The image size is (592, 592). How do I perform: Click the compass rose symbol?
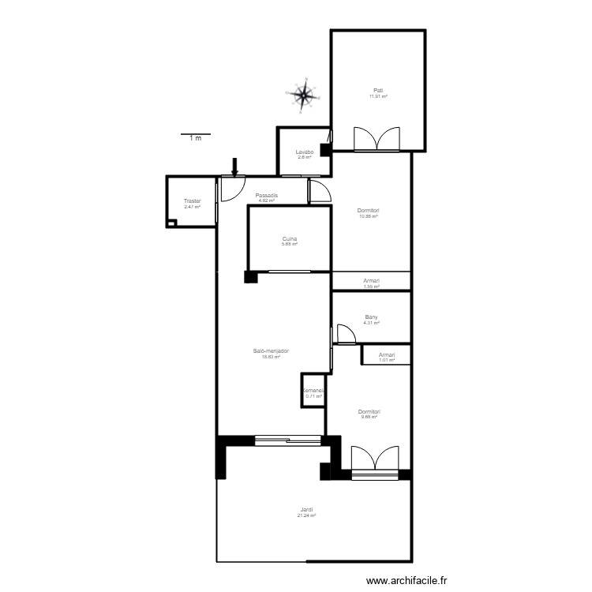pos(304,95)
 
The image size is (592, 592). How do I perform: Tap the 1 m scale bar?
pos(195,135)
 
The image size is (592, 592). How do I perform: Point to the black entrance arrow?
pos(234,167)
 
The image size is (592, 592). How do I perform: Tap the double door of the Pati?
pos(378,139)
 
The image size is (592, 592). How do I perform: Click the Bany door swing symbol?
pos(344,334)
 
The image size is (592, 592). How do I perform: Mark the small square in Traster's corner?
pos(171,223)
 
